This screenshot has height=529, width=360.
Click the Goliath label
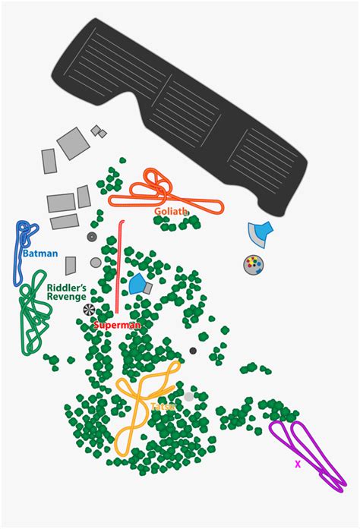[x=171, y=212]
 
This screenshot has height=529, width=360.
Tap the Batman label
[x=40, y=253]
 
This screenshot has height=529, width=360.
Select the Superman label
[x=117, y=326]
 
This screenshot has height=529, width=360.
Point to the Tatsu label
[x=163, y=407]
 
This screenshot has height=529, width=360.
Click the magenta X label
[x=298, y=464]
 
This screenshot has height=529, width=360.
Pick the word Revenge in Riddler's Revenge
[x=66, y=297]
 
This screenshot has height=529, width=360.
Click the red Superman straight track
[x=118, y=266]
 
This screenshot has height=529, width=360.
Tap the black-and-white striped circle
[x=89, y=310]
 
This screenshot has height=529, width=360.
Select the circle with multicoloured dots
[x=253, y=265]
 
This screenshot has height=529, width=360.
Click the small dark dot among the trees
[x=193, y=351]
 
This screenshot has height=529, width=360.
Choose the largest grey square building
[x=73, y=143]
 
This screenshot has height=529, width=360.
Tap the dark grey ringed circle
[x=92, y=237]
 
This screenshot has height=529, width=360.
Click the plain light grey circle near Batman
[x=96, y=263]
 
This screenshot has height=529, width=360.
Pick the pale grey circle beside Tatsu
[x=189, y=397]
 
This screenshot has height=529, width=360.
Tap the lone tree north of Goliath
[x=122, y=161]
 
